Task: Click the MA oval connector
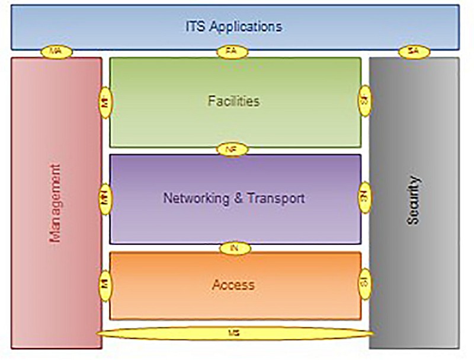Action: pos(56,52)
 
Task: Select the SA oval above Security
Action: pos(414,52)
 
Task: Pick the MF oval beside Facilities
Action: pos(105,102)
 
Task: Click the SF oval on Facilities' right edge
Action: pos(364,102)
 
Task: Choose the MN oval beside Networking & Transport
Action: pos(105,199)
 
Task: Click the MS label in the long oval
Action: pos(234,334)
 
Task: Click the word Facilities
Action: pos(233,101)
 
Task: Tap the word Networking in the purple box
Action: pos(197,197)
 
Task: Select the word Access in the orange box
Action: pos(233,285)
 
